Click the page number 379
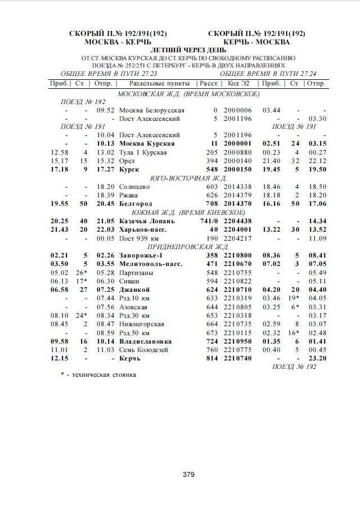188,475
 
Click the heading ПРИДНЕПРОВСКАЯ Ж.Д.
188,246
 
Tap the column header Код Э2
237,84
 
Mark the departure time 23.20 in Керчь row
317,358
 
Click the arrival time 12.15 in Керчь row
59,358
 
